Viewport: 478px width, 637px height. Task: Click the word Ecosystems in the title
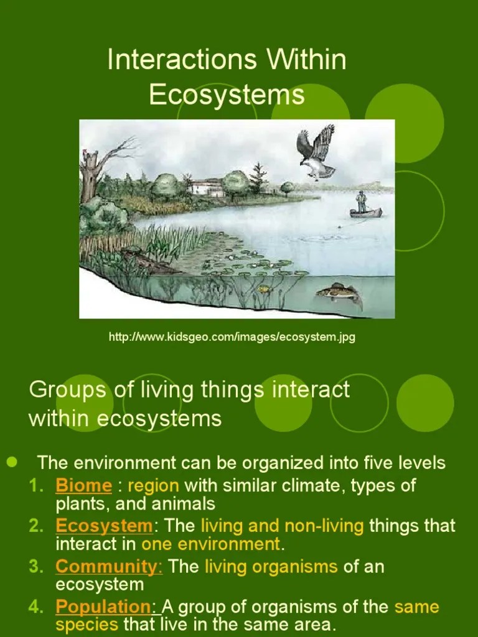tap(227, 95)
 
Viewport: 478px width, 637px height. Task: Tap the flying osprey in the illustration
tap(316, 152)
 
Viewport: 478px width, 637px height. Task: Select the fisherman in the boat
tap(362, 202)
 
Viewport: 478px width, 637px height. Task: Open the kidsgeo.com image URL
tap(232, 337)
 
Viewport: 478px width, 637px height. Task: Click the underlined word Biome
tap(83, 485)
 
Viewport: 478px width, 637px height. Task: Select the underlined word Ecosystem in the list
tap(104, 526)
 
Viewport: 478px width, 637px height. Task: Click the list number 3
tap(35, 567)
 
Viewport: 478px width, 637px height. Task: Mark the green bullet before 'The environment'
tap(11, 462)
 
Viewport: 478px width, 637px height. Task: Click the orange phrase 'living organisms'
tap(271, 567)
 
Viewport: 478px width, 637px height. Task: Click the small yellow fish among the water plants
tap(264, 289)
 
